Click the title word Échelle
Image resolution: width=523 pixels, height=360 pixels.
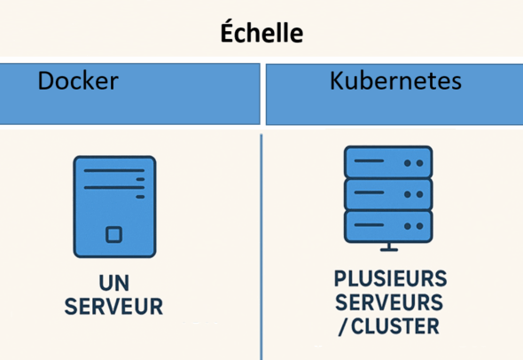coord(261,34)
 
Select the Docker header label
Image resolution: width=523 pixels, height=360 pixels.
coord(78,82)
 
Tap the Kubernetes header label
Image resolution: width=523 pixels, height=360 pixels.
coord(395,82)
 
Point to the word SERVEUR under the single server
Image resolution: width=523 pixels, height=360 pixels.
coord(113,308)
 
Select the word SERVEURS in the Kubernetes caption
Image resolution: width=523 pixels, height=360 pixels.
coord(389,301)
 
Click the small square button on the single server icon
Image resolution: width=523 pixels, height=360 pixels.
coord(113,234)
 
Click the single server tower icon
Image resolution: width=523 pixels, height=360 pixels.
coord(113,206)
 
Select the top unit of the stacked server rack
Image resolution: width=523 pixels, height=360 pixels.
coord(387,162)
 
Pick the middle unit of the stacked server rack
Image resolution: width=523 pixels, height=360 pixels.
coord(387,192)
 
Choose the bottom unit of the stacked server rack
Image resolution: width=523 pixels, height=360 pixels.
coord(387,222)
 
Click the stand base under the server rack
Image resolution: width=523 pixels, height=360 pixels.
coord(387,247)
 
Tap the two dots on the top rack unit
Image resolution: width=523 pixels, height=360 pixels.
coord(412,163)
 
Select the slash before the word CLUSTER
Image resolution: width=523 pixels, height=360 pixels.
coord(343,326)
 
